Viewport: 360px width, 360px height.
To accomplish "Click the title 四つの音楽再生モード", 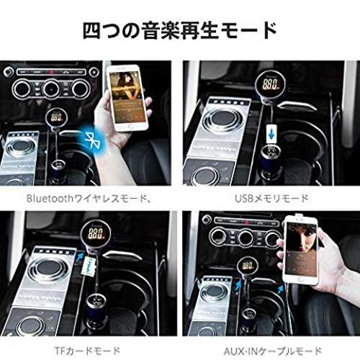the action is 180,31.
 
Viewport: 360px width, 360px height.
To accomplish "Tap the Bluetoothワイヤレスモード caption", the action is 89,199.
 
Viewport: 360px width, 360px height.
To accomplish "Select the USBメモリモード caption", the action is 271,199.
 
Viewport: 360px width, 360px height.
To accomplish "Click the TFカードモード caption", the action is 87,351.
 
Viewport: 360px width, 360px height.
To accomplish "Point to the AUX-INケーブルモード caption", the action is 272,351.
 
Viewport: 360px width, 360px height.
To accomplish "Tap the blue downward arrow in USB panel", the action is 271,135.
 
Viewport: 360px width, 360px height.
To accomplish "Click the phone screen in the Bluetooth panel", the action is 127,96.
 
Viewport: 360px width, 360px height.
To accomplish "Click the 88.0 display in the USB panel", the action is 271,84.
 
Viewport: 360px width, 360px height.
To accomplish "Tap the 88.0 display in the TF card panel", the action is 96,233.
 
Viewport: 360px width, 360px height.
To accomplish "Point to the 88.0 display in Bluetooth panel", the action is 57,117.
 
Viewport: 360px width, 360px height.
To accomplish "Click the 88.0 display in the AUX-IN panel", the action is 248,265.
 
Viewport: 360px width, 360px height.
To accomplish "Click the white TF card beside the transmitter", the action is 89,266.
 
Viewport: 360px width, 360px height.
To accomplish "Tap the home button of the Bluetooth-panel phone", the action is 131,127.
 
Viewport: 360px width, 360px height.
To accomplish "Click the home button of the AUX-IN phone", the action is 300,279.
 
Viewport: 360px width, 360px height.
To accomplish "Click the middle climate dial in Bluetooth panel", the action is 51,89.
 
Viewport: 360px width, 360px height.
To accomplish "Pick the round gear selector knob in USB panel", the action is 222,119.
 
